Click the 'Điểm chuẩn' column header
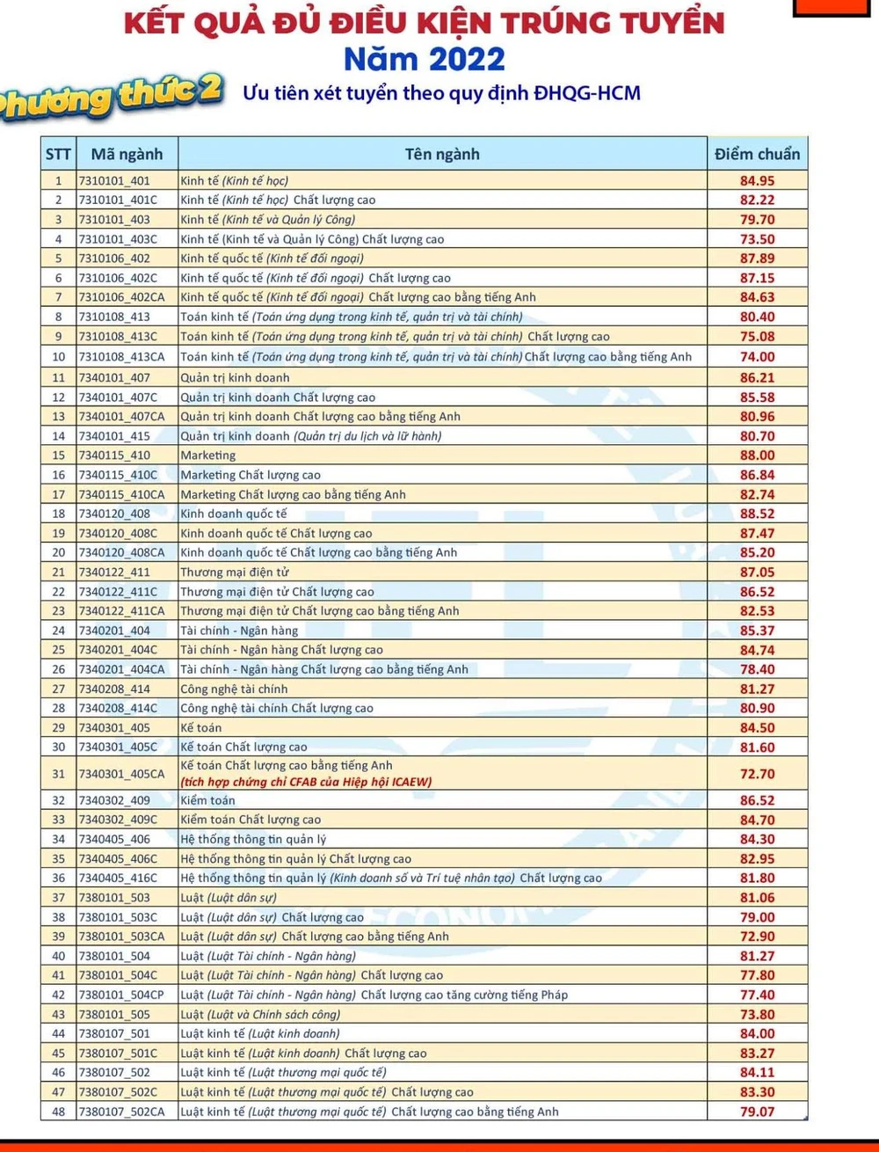pyautogui.click(x=757, y=154)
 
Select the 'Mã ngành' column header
pyautogui.click(x=127, y=154)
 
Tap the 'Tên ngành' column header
pyautogui.click(x=442, y=154)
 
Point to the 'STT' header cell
pyautogui.click(x=58, y=154)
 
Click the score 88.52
pyautogui.click(x=757, y=514)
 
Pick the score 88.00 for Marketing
pyautogui.click(x=757, y=456)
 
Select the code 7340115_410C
pyautogui.click(x=118, y=475)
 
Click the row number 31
pyautogui.click(x=59, y=774)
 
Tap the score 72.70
pyautogui.click(x=757, y=774)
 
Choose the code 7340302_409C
pyautogui.click(x=118, y=820)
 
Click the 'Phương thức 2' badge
pyautogui.click(x=110, y=97)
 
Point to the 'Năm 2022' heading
pyautogui.click(x=425, y=59)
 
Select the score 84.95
pyautogui.click(x=757, y=181)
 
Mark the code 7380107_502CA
pyautogui.click(x=121, y=1112)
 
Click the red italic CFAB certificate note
pyautogui.click(x=306, y=782)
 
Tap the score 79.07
pyautogui.click(x=757, y=1112)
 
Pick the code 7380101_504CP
pyautogui.click(x=121, y=995)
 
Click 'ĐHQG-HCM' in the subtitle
pyautogui.click(x=587, y=93)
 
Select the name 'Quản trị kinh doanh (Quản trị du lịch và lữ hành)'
pyautogui.click(x=311, y=436)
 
